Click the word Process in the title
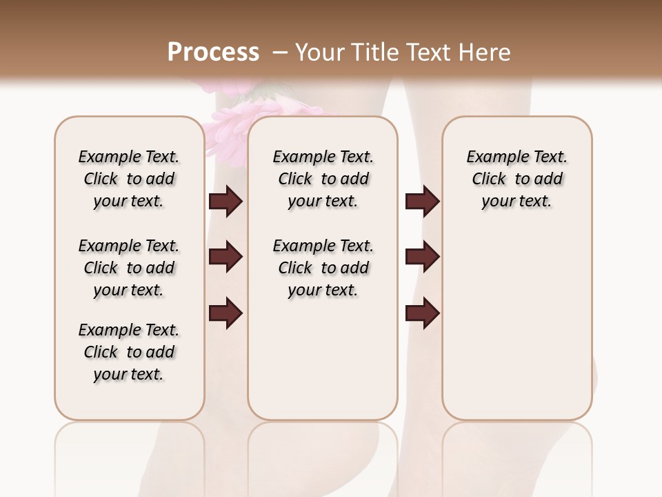[213, 52]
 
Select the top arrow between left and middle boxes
[225, 202]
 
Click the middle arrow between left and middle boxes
[225, 257]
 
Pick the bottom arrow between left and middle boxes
[225, 313]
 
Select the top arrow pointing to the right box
[422, 202]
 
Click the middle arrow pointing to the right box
[422, 257]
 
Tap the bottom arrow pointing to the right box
[422, 313]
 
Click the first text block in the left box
[129, 179]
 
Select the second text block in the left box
[129, 268]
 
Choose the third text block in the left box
[129, 352]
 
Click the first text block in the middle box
[323, 179]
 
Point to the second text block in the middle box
[323, 268]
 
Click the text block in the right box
[517, 179]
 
